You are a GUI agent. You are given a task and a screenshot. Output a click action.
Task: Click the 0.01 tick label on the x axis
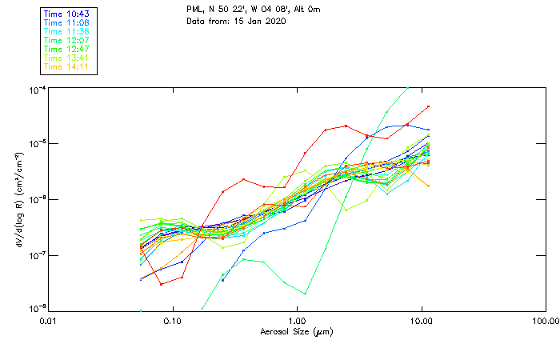tap(49, 321)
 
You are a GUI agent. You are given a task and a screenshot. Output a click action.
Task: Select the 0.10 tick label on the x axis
tap(173, 321)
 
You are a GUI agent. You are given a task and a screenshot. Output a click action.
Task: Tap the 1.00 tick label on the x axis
tap(298, 321)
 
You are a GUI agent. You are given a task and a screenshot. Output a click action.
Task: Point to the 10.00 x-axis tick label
tap(422, 321)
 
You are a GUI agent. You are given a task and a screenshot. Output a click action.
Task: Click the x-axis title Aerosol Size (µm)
tap(297, 331)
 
